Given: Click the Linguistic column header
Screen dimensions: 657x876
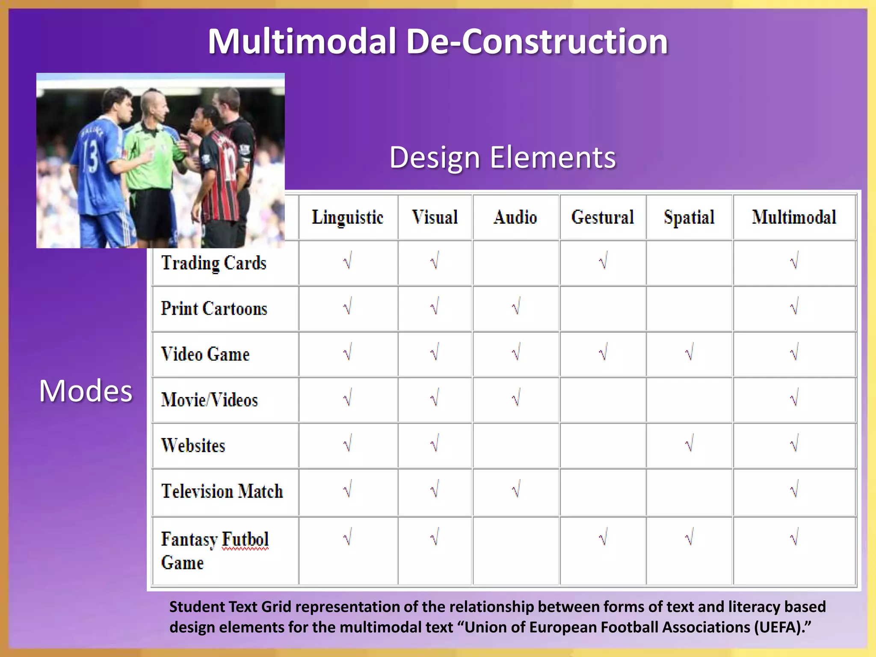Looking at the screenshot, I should pos(347,217).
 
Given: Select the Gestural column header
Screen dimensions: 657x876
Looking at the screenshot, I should pos(602,217).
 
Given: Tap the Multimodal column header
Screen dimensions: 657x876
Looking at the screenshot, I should pos(794,217).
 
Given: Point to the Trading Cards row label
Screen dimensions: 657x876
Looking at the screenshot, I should pos(214,263).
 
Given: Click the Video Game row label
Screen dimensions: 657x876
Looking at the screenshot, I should pos(205,354).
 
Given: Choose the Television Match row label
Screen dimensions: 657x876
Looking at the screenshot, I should pos(222,491).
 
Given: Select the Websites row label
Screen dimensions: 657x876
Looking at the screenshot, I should pos(193,445).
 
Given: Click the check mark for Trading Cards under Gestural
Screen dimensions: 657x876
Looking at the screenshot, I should pos(603,261).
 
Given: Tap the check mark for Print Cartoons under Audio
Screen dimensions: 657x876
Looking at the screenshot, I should pos(516,307).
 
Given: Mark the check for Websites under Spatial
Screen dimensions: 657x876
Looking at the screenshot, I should pos(689,444).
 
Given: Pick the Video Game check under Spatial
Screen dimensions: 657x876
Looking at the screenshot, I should pos(689,353).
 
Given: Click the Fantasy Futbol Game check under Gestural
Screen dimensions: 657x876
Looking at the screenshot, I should pos(603,538).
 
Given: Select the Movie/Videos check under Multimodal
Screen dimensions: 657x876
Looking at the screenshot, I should pos(794,399).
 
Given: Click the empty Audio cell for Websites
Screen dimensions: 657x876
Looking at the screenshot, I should pos(516,445).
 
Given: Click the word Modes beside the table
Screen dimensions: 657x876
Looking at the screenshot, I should pos(86,391).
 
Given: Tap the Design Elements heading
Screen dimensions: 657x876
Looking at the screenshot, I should pos(503,157).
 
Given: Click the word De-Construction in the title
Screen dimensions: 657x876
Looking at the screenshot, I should pos(537,41).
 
